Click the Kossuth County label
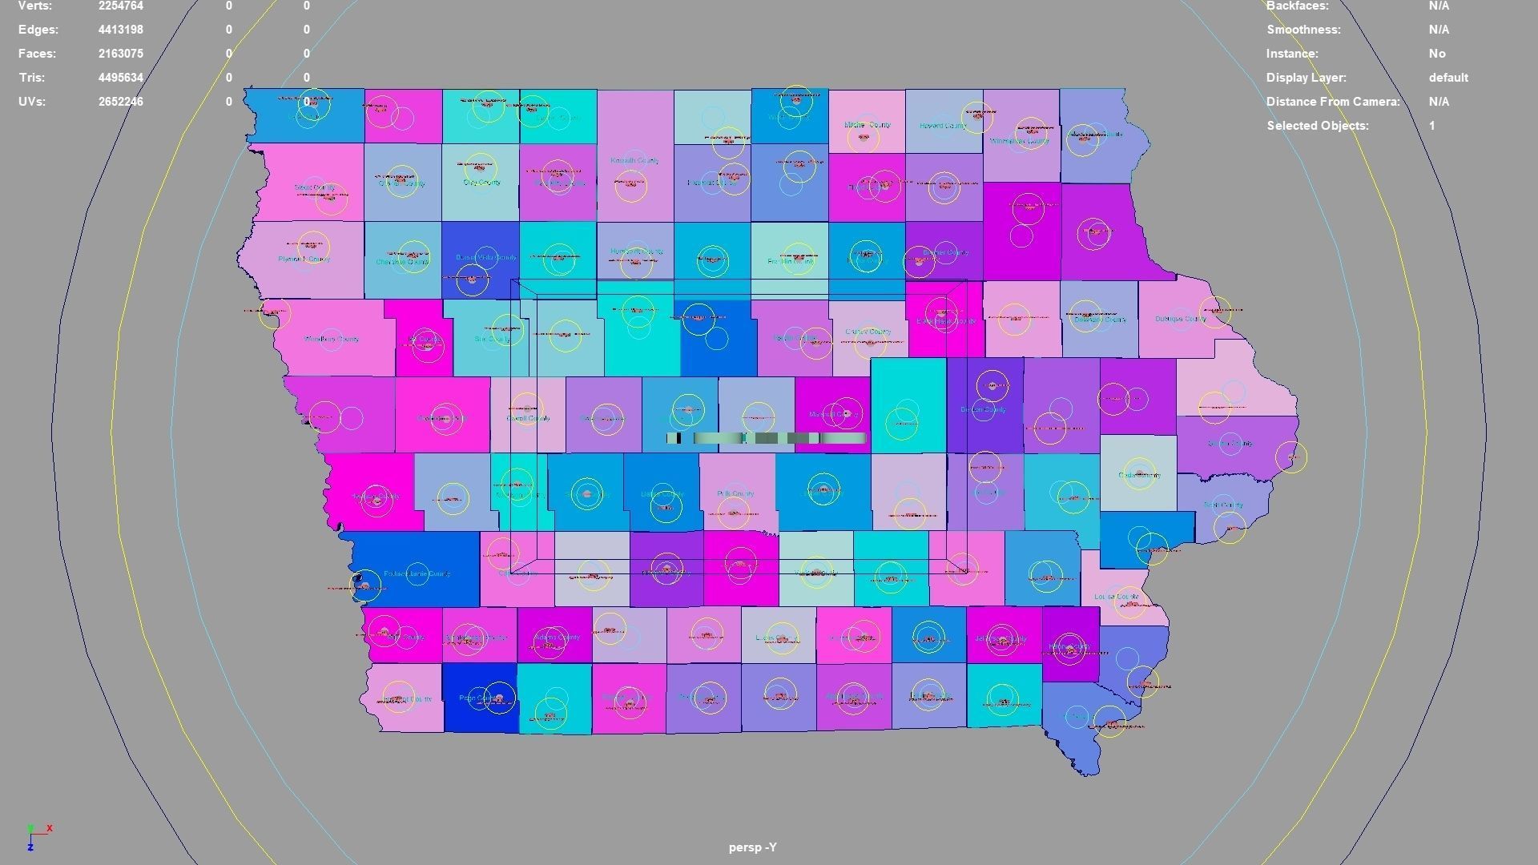pos(634,161)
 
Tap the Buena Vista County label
pos(485,257)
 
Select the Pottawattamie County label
pos(417,574)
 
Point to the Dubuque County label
pos(1180,319)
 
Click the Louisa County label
pos(1116,597)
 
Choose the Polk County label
pos(735,494)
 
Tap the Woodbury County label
pos(332,340)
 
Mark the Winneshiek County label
pos(1019,142)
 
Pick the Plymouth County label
pos(304,259)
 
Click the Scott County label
pos(1223,505)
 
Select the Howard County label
pos(943,126)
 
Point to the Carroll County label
pos(528,419)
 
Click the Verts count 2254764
pos(121,6)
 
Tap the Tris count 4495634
pos(121,78)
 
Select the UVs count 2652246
pos(121,102)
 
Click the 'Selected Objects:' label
pos(1317,126)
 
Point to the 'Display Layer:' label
pos(1306,78)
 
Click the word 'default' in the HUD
pos(1448,78)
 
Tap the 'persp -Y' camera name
pos(752,847)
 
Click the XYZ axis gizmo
pos(36,836)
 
